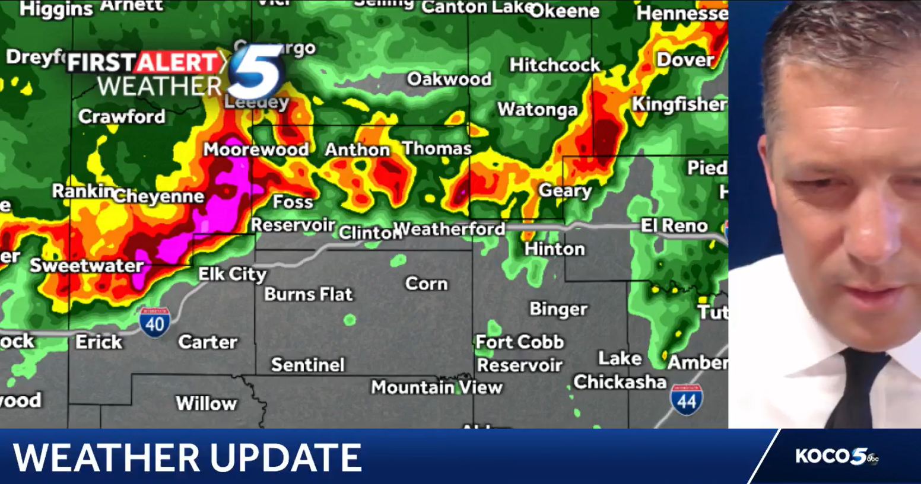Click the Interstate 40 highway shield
coord(155,323)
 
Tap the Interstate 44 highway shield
coord(687,400)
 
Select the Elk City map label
coord(232,274)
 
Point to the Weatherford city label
coord(449,229)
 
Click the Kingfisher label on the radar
coord(679,104)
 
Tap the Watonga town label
coord(537,110)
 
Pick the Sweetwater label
coord(87,265)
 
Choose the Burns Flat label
coord(309,294)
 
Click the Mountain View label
coord(437,387)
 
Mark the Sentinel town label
coord(307,365)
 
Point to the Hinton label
coord(554,249)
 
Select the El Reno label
coord(674,226)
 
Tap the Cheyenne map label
coord(159,196)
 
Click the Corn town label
coord(426,284)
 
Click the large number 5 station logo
coord(256,72)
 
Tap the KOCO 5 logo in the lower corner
coord(836,456)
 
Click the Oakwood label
coord(449,79)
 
